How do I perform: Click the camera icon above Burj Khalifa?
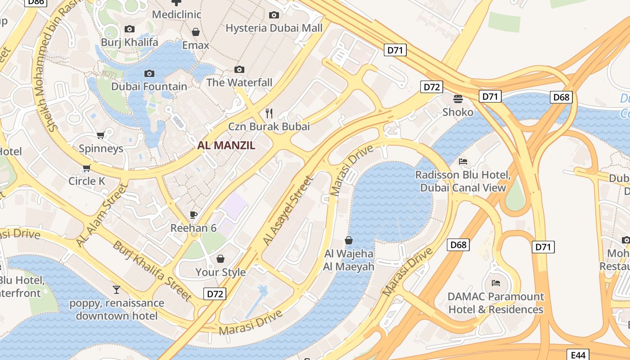[x=130, y=29]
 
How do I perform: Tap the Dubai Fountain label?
[x=149, y=86]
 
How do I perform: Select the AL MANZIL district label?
[x=226, y=145]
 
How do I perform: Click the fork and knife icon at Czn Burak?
[x=270, y=113]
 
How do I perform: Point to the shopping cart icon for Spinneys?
[x=100, y=135]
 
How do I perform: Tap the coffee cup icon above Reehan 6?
[x=193, y=215]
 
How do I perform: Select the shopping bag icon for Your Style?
[x=220, y=259]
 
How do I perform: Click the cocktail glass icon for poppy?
[x=117, y=289]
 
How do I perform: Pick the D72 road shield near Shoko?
[x=432, y=87]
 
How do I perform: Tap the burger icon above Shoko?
[x=458, y=99]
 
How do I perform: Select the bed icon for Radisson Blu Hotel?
[x=463, y=161]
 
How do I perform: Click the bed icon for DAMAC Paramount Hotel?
[x=495, y=283]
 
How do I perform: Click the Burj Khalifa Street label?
[x=152, y=271]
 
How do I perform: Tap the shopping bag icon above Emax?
[x=196, y=32]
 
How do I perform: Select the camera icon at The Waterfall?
[x=239, y=69]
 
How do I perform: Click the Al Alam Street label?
[x=102, y=214]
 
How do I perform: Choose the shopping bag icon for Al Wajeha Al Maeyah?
[x=349, y=240]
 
